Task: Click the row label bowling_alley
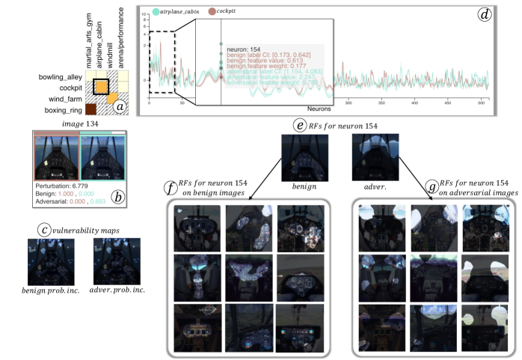coord(61,76)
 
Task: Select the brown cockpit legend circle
coord(212,11)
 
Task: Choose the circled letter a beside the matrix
coord(120,106)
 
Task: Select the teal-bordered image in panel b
coord(102,157)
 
